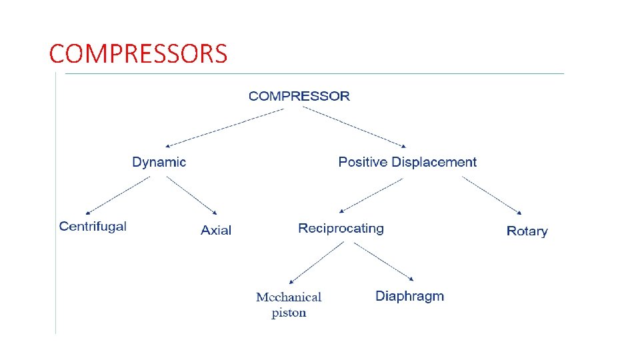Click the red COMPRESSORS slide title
point(138,53)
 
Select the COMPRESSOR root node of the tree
point(299,96)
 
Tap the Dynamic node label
point(159,162)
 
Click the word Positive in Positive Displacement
point(363,162)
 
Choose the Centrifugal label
point(93,227)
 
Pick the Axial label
point(216,231)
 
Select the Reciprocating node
point(341,229)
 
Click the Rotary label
point(527,231)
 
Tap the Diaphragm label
point(409,296)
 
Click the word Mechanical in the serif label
point(289,297)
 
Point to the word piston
point(289,313)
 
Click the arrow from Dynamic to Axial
point(192,195)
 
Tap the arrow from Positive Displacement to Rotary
point(494,195)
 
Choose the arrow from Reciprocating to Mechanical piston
point(317,263)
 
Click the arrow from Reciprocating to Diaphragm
point(384,261)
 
